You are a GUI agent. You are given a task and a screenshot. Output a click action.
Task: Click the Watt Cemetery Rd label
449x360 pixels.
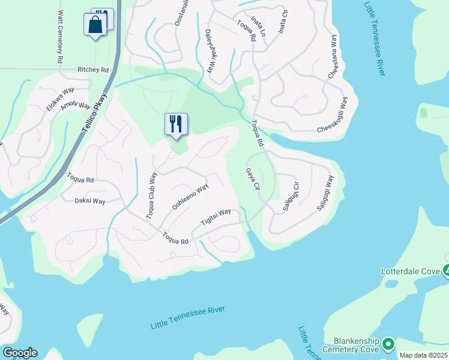60,37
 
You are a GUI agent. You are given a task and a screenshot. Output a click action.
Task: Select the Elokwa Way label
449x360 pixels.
60,99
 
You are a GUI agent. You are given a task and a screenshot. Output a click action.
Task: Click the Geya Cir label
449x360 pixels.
252,179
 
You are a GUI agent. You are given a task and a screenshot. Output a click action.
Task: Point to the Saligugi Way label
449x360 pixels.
325,191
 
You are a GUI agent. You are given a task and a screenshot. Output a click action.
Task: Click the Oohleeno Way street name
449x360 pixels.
190,197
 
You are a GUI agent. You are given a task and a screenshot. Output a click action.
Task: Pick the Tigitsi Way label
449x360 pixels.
215,217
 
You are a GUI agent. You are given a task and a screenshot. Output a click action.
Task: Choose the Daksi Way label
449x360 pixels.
89,202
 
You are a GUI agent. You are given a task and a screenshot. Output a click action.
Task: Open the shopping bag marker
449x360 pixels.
95,25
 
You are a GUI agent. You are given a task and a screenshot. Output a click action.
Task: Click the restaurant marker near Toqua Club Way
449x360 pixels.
176,124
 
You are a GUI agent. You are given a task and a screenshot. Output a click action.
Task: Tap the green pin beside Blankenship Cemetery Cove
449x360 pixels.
387,344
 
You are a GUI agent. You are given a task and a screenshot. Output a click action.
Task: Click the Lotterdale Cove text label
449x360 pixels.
411,271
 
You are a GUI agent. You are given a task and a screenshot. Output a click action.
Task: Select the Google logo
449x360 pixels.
19,353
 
